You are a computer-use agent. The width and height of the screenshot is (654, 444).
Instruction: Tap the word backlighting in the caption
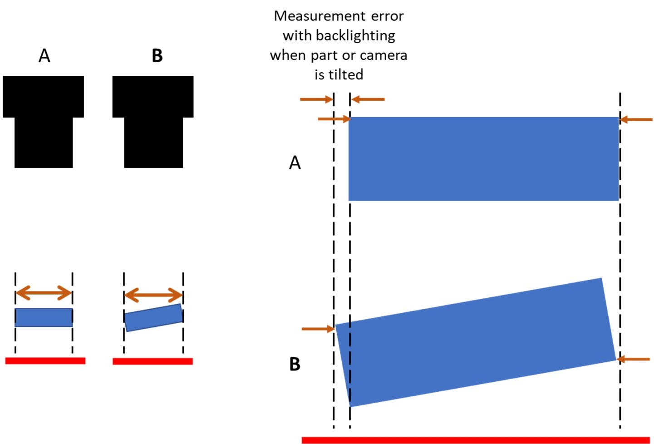355,35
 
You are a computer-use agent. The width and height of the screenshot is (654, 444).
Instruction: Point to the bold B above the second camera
157,56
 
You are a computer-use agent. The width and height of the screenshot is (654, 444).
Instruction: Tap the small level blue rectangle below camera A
44,317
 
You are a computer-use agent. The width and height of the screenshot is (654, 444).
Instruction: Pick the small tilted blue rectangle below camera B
153,318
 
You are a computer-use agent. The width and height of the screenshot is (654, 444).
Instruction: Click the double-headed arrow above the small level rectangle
44,293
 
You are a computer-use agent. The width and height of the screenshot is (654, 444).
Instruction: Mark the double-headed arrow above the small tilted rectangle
153,295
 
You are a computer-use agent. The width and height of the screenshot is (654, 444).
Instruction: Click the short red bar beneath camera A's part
45,360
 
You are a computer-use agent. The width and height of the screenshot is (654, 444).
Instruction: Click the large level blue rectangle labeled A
483,159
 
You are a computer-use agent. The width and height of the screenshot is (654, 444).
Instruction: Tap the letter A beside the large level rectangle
295,163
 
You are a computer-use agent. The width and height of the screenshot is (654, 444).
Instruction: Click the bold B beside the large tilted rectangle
295,364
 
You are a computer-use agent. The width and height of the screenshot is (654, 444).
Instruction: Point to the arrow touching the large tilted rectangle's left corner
318,329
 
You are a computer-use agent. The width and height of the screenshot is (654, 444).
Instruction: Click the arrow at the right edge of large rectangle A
636,119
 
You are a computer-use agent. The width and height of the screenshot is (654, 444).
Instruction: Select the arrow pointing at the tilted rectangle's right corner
634,359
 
